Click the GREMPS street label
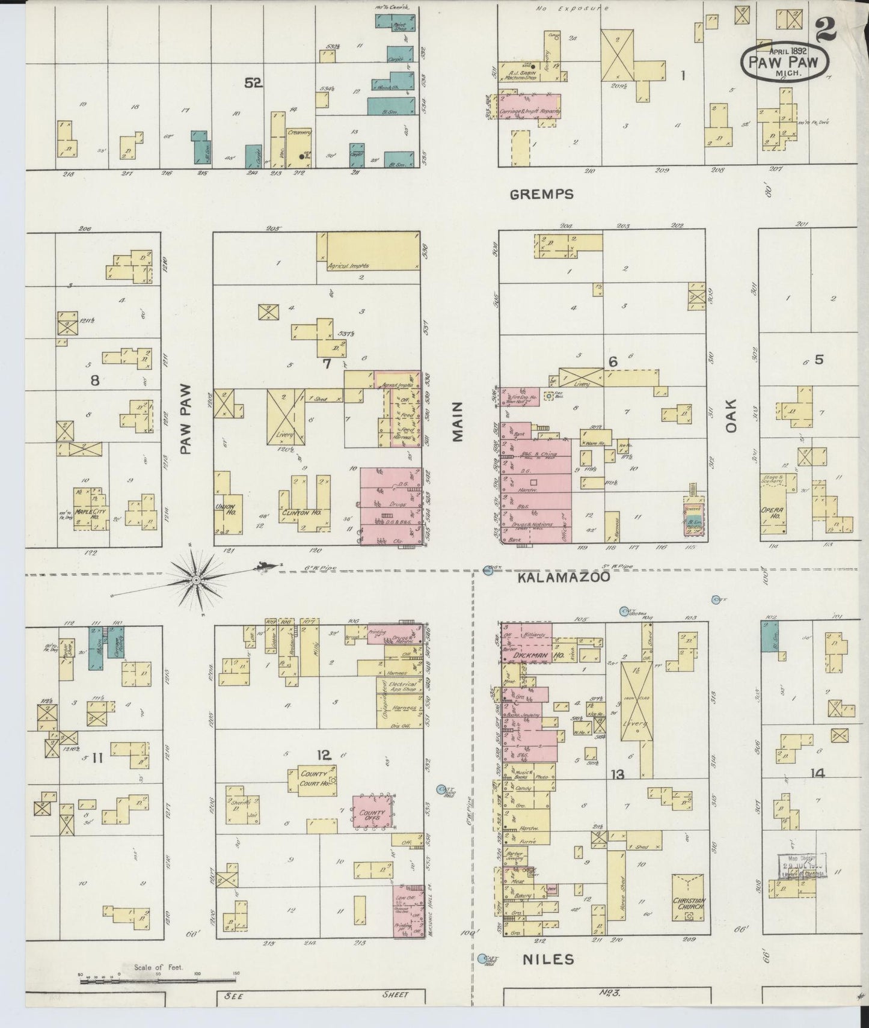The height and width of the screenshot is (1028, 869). click(541, 194)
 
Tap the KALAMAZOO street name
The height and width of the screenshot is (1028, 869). click(564, 577)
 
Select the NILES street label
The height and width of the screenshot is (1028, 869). click(548, 959)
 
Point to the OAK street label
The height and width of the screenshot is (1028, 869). click(731, 415)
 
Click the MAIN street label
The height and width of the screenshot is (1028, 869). click(458, 421)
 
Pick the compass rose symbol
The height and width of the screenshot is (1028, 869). click(197, 580)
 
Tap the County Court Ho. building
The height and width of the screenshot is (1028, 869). click(315, 780)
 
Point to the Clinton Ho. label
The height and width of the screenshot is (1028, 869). click(303, 513)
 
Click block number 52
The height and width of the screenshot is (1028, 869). click(253, 84)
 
